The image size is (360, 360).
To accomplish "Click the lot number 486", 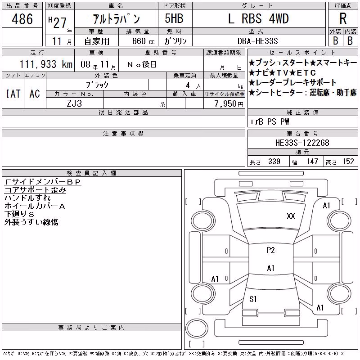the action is pyautogui.click(x=22, y=19).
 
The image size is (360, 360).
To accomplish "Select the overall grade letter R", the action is pyautogui.click(x=343, y=18).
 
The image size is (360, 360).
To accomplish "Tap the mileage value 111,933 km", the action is pyautogui.click(x=46, y=64).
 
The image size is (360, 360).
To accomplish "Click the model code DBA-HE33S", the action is pyautogui.click(x=257, y=41).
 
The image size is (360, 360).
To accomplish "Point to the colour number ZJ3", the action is pyautogui.click(x=74, y=103).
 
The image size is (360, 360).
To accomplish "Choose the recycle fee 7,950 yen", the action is pyautogui.click(x=229, y=104).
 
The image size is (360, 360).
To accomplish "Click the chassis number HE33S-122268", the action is pyautogui.click(x=302, y=143).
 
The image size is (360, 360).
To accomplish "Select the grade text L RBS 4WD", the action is pyautogui.click(x=258, y=18).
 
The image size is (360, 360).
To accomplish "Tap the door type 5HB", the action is pyautogui.click(x=174, y=18).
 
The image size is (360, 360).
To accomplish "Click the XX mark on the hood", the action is pyautogui.click(x=291, y=216).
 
